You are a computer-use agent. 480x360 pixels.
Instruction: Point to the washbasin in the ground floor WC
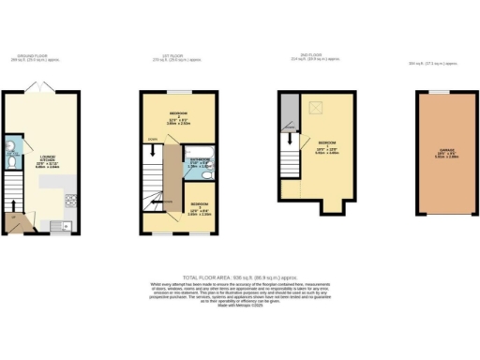tap(9, 145)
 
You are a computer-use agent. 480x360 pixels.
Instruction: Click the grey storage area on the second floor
tap(289, 113)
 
